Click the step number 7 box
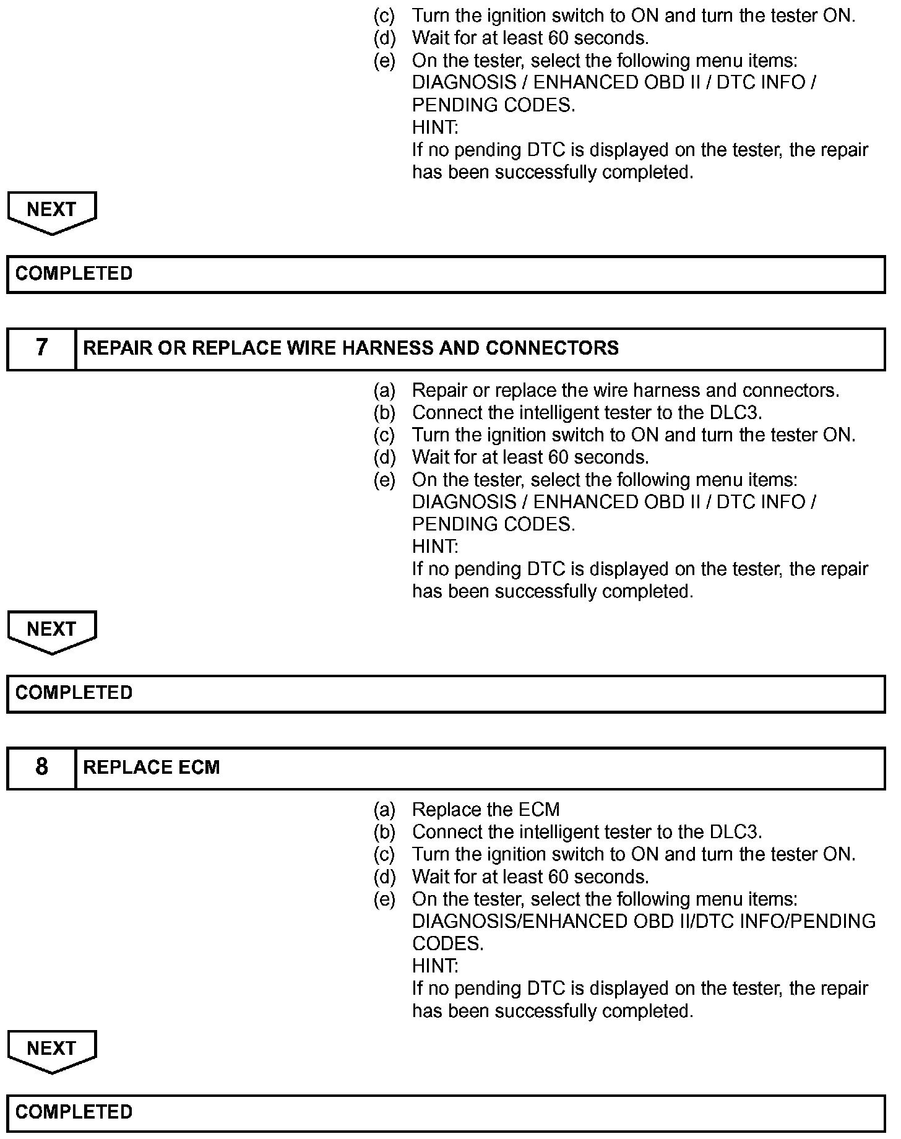point(41,349)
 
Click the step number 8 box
point(41,768)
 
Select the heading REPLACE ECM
point(152,768)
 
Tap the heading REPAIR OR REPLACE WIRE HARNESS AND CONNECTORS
point(351,349)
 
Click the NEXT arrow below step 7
point(52,631)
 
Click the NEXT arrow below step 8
point(52,1050)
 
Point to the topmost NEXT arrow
point(52,212)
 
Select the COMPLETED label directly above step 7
point(74,274)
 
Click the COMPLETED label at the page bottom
point(74,1112)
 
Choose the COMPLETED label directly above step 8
point(74,693)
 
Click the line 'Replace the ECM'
point(486,810)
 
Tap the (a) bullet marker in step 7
point(384,391)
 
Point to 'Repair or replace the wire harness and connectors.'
point(626,391)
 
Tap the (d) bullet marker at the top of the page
point(384,38)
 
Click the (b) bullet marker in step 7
point(384,413)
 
